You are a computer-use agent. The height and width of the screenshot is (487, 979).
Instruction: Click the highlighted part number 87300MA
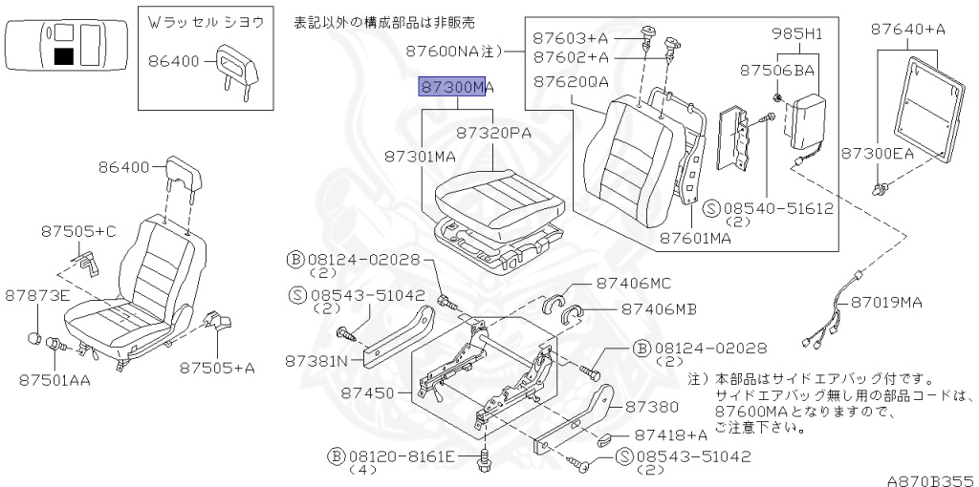tap(456, 87)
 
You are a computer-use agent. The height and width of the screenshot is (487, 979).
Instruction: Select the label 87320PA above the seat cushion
tap(493, 133)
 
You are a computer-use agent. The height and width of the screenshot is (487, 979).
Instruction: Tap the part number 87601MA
tap(696, 238)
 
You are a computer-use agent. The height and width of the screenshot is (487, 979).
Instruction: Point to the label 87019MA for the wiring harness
tap(885, 303)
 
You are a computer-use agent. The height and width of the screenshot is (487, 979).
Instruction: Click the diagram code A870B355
tap(932, 480)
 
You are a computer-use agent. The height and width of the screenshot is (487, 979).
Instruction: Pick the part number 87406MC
tap(634, 283)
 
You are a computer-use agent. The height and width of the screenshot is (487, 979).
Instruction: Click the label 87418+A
tap(671, 434)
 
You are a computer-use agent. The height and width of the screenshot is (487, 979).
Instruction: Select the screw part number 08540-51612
tap(770, 208)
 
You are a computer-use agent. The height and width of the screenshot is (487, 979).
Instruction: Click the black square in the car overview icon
tap(64, 56)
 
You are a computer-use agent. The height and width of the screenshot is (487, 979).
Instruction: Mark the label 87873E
tap(37, 296)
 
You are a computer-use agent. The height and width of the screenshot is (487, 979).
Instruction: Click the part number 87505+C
tap(78, 231)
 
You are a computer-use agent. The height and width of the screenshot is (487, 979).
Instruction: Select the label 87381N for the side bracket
tap(323, 360)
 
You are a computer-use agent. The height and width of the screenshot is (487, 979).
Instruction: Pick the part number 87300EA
tap(878, 154)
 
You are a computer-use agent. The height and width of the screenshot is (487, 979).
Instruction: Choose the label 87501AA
tap(54, 379)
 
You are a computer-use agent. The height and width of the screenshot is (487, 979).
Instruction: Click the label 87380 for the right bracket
tap(651, 407)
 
